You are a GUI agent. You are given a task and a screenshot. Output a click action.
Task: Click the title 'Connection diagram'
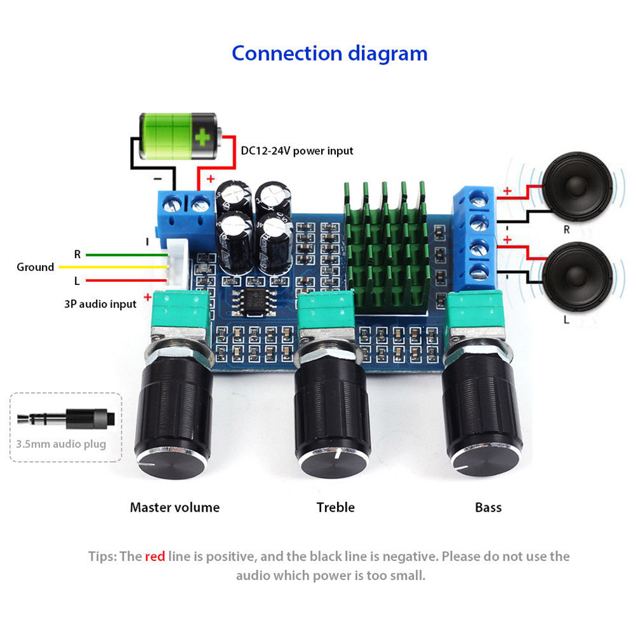(329, 53)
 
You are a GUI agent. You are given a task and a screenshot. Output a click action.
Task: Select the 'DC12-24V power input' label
(297, 151)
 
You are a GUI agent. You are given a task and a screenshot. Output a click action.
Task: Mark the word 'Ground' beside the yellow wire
(36, 267)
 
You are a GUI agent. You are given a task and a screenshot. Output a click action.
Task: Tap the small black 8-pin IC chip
(251, 301)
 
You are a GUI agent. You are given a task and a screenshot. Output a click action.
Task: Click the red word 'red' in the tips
(155, 557)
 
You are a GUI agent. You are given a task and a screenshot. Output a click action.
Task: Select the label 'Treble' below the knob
(336, 507)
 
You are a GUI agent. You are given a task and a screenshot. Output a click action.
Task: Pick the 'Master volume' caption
(175, 507)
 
